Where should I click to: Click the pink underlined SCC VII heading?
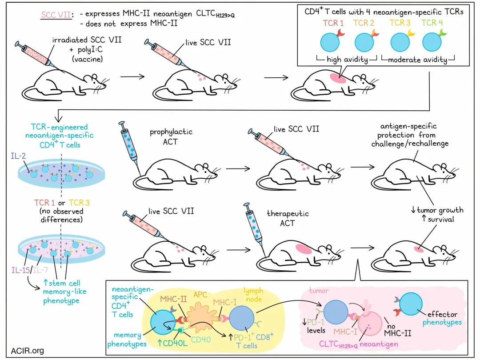[x=56, y=15]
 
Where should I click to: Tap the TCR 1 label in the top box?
[x=333, y=23]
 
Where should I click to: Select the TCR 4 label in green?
[x=432, y=23]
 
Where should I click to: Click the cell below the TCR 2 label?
[x=364, y=42]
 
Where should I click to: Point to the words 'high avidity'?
[x=347, y=59]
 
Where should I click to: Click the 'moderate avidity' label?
[x=417, y=60]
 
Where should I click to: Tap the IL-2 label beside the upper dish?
[x=18, y=156]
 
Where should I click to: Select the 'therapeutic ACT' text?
[x=288, y=218]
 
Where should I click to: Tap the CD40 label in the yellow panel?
[x=201, y=339]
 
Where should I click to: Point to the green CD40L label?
[x=172, y=343]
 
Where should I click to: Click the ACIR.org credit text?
[x=27, y=351]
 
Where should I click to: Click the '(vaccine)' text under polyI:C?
[x=87, y=59]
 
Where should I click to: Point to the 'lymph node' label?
[x=253, y=295]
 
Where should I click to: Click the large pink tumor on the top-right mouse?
[x=338, y=78]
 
